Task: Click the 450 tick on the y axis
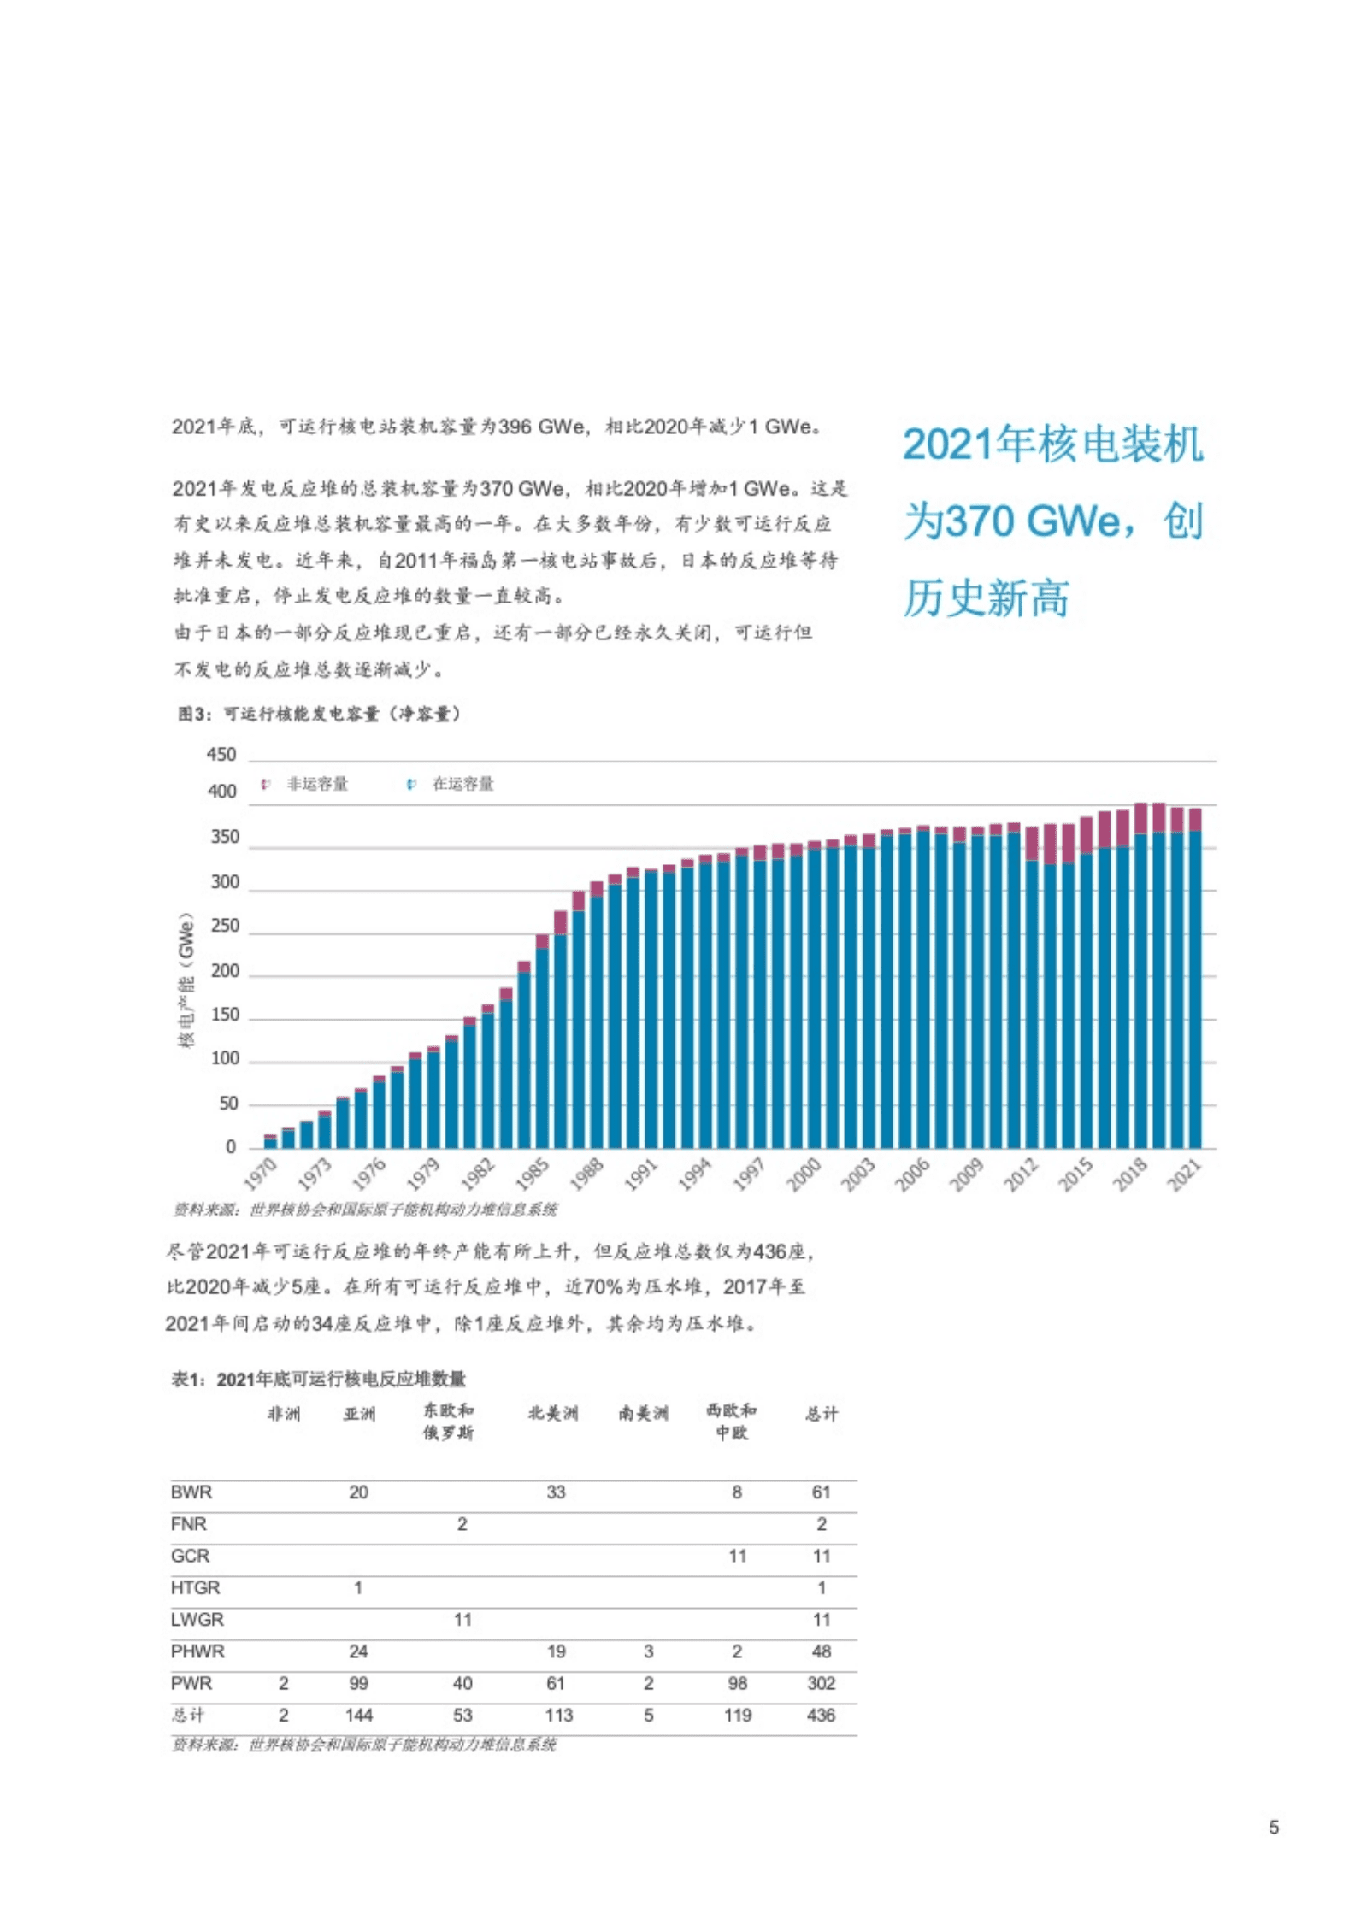tap(221, 755)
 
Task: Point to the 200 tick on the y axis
tap(224, 971)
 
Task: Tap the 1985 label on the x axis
tap(533, 1174)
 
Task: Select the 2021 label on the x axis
tap(1185, 1174)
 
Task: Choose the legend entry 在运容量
tap(462, 784)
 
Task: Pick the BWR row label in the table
tap(191, 1492)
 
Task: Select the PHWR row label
tap(197, 1651)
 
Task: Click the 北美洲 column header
tap(552, 1414)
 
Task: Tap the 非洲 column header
tap(284, 1414)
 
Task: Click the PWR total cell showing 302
tap(821, 1683)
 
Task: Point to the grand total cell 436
tap(821, 1715)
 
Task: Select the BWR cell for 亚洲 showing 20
tap(358, 1492)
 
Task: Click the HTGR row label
tap(195, 1587)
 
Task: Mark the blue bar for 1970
tap(270, 1143)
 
